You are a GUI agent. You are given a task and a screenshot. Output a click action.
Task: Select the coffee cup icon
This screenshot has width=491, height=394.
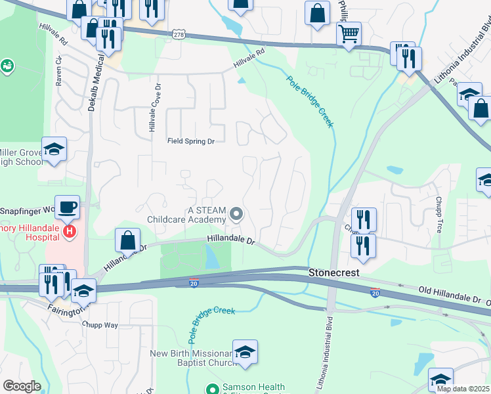(x=67, y=208)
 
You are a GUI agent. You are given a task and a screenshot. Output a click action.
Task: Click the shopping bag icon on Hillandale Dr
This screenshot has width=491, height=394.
(x=128, y=240)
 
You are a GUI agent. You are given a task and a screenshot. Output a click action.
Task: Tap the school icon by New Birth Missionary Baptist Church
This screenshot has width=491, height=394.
(x=245, y=353)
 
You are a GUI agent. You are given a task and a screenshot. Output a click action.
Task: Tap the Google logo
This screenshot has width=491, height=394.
(x=22, y=386)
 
